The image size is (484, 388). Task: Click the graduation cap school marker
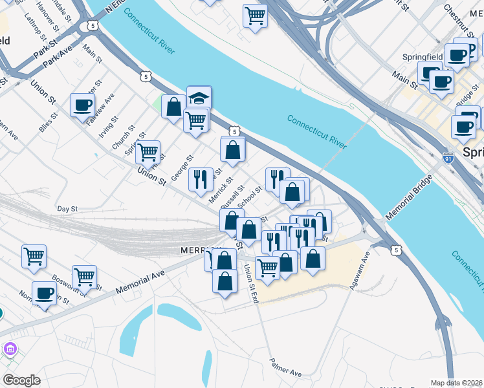199,98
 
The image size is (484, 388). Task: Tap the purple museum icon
10,349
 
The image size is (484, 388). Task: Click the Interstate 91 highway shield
448,157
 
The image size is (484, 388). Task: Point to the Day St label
67,209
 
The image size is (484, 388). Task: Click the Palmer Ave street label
286,369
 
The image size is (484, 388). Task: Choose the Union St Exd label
250,285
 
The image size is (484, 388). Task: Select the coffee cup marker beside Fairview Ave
83,105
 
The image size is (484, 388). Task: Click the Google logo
22,380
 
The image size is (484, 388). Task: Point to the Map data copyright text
457,383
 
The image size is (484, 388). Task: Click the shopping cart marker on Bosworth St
85,277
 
